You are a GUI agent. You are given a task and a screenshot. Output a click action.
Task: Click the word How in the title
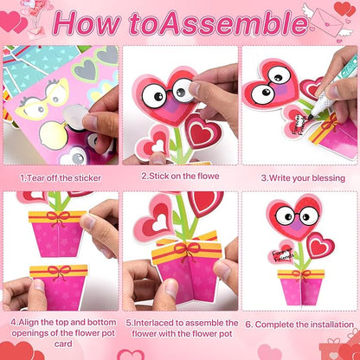pyautogui.click(x=88, y=22)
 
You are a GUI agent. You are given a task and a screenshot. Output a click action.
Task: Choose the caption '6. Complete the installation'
pyautogui.click(x=299, y=325)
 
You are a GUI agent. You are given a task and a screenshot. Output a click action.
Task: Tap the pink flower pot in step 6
pyautogui.click(x=302, y=286)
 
